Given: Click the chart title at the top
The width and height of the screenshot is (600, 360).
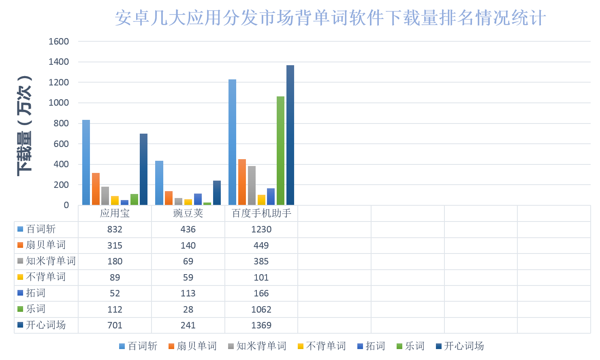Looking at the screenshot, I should (x=330, y=18).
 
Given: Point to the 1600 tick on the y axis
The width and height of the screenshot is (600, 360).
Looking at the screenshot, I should (x=59, y=41).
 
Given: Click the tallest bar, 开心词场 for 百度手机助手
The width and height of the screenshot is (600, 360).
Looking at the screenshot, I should (x=290, y=136).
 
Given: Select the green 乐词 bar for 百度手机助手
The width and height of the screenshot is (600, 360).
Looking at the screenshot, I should (x=280, y=151).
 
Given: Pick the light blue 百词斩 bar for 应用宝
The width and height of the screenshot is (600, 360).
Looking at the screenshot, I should (x=86, y=162).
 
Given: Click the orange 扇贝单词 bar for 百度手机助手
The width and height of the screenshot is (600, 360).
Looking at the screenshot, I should (x=242, y=182).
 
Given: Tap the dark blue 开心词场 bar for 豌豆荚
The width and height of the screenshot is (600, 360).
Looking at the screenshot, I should (x=217, y=193).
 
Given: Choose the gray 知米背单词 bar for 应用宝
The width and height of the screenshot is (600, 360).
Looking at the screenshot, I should (x=105, y=196).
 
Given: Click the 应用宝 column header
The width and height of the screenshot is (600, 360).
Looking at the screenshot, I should (x=115, y=213).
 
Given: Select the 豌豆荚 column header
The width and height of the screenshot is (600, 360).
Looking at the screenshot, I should (x=188, y=213).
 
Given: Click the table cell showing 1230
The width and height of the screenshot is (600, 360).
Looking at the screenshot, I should (x=261, y=229).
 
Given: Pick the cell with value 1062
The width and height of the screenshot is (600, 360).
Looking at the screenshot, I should (x=261, y=309).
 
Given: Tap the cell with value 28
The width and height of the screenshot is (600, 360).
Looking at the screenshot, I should (x=188, y=309).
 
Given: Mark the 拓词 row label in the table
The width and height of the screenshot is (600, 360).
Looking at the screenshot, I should (x=36, y=293).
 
